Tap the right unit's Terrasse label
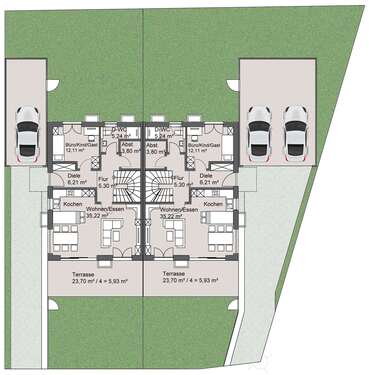click(174, 272)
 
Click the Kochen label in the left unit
click(72, 204)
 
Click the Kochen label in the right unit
click(213, 204)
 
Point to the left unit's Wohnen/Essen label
click(98, 210)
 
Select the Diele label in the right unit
click(205, 175)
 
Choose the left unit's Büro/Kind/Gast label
click(79, 145)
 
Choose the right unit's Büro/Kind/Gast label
click(204, 145)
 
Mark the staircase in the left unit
click(126, 185)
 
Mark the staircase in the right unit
click(157, 185)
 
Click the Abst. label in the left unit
click(126, 145)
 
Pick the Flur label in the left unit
click(103, 178)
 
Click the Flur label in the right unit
click(180, 178)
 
